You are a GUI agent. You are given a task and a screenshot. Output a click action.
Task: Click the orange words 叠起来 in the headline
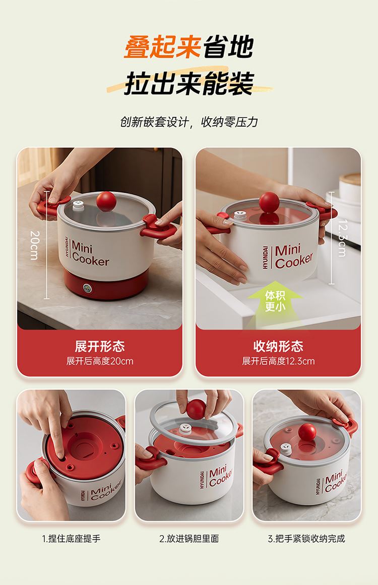click(162, 47)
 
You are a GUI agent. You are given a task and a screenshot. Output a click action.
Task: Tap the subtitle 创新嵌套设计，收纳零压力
click(189, 122)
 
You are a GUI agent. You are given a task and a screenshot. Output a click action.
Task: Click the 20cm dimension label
click(35, 245)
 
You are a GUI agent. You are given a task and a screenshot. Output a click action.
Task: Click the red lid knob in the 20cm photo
click(106, 201)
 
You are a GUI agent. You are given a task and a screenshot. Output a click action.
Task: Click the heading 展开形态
click(99, 346)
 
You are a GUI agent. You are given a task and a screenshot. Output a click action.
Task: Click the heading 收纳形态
click(278, 346)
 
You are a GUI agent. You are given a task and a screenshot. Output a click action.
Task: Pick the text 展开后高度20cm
click(100, 361)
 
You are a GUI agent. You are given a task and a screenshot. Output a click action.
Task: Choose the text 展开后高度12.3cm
click(278, 361)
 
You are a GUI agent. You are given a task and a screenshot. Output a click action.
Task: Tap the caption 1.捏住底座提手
click(71, 539)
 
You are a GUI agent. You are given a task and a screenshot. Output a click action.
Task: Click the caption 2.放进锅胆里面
click(189, 539)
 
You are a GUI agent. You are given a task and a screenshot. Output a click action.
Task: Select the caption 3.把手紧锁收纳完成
click(306, 539)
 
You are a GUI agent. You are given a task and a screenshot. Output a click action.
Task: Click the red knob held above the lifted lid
click(196, 409)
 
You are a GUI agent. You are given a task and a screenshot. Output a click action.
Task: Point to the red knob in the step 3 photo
click(307, 432)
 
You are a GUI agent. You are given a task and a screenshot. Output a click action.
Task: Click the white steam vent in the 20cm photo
click(78, 205)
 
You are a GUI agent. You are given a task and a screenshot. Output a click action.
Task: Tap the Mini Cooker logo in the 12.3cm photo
click(287, 257)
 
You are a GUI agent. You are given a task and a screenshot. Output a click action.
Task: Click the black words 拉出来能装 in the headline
click(189, 83)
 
